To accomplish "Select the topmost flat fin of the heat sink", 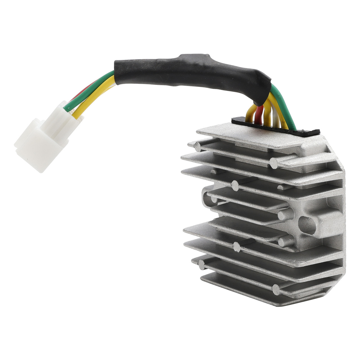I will pos(253,135).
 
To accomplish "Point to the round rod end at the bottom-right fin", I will pos(277,288).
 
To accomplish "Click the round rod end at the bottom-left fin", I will pos(201,263).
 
